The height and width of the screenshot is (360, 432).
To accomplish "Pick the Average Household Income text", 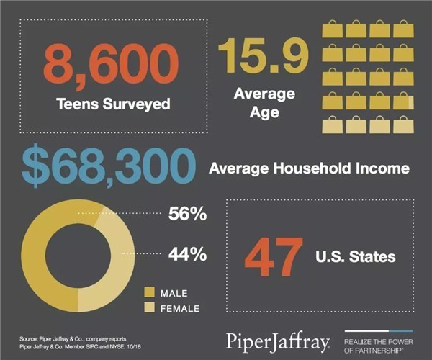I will click(310, 168).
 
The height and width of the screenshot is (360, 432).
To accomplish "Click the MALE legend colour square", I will click(150, 292).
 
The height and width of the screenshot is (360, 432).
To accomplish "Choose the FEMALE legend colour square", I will click(150, 308).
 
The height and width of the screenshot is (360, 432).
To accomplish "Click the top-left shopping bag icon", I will click(333, 29).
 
